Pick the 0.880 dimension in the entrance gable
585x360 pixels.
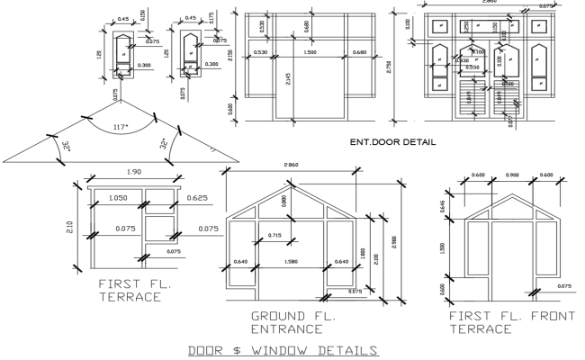pos(285,202)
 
